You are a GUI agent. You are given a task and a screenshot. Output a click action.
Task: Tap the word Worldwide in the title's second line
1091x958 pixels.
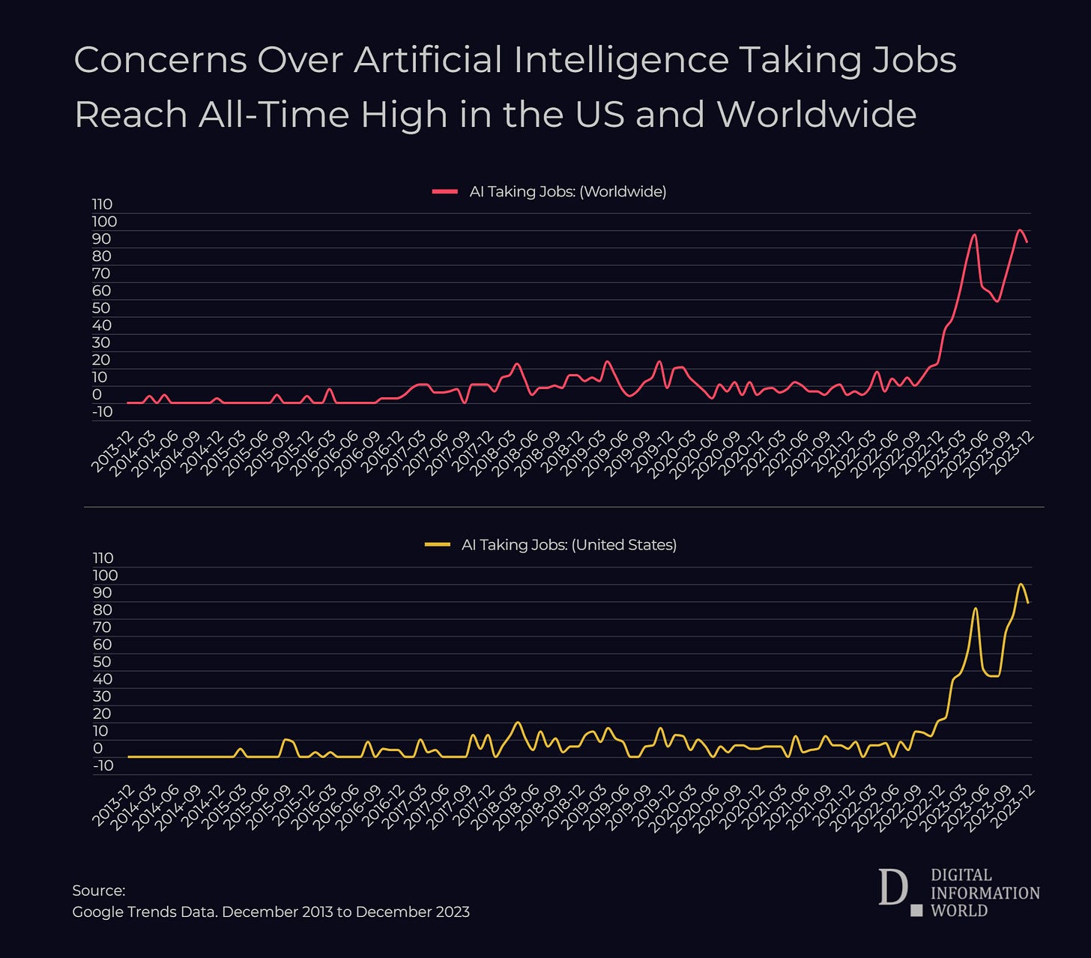[x=816, y=115]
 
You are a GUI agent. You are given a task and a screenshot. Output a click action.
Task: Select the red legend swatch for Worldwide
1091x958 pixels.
[x=444, y=192]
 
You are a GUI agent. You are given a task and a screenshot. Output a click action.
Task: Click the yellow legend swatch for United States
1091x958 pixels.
[x=437, y=545]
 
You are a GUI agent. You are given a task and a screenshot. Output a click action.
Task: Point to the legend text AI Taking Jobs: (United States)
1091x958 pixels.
[x=569, y=545]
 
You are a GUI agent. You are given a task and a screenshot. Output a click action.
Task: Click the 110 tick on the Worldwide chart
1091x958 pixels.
[x=102, y=205]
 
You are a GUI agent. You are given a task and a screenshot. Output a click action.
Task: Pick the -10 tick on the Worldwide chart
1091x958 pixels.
[x=102, y=412]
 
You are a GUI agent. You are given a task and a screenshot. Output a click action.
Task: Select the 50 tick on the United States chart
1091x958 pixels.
[x=102, y=662]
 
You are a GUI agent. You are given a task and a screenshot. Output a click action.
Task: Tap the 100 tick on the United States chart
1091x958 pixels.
[x=105, y=576]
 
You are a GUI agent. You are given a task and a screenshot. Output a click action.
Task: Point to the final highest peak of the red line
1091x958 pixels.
[x=1020, y=230]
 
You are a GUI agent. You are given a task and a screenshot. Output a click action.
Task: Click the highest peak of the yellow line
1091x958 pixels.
[x=1021, y=584]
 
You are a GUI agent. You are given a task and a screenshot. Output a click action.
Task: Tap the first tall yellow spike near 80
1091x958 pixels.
[x=975, y=608]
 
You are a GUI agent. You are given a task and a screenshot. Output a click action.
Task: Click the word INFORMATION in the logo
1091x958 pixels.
[x=985, y=893]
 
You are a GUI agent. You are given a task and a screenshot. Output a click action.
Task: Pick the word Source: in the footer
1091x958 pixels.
[x=98, y=891]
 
